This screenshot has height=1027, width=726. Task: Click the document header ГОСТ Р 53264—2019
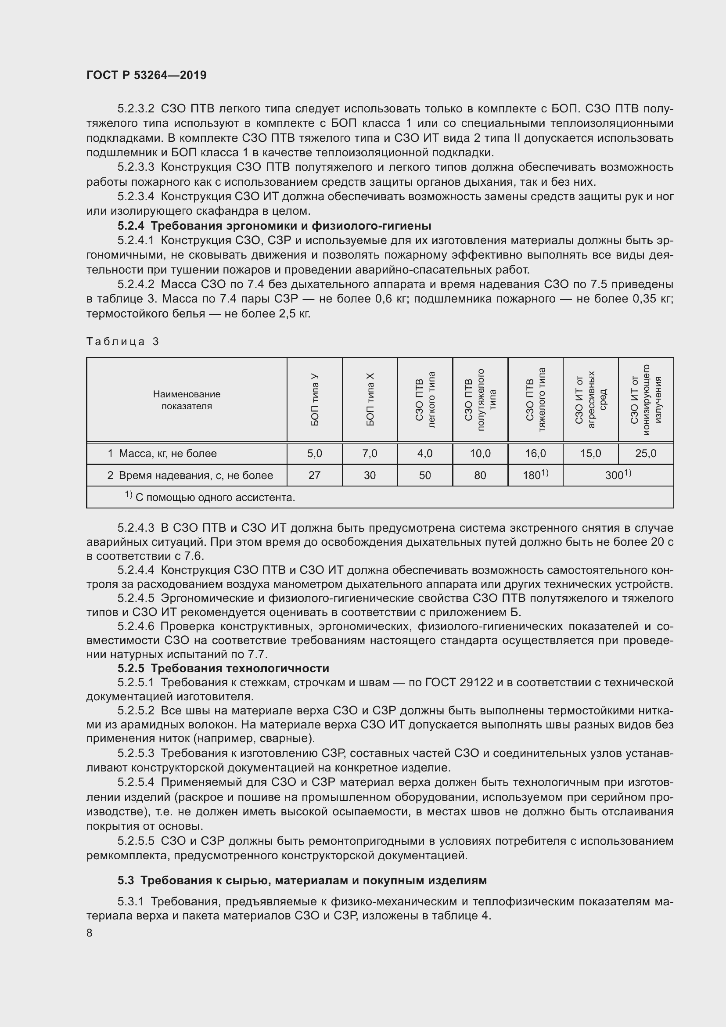146,75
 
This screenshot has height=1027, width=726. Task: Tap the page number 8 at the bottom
90,933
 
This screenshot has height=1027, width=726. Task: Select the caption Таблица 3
122,342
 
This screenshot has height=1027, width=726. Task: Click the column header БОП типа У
315,400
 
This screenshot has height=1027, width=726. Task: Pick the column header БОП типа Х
370,400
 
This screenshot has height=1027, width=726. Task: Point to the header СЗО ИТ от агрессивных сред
590,400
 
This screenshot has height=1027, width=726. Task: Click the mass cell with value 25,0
646,454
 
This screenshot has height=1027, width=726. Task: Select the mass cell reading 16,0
535,454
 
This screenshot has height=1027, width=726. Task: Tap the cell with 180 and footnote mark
535,475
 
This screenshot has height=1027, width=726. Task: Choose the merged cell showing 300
618,475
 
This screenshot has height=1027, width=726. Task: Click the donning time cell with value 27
314,475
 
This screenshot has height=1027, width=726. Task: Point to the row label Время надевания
190,475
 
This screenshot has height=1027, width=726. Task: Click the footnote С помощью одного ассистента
210,497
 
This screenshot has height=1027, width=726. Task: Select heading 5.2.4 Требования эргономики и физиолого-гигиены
274,225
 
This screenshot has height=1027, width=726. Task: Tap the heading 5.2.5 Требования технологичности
223,668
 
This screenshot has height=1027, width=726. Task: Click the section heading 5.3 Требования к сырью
302,880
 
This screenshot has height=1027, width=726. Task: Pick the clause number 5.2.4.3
136,528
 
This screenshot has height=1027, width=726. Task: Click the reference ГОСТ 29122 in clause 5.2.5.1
459,683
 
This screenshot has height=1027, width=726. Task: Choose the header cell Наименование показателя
187,400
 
